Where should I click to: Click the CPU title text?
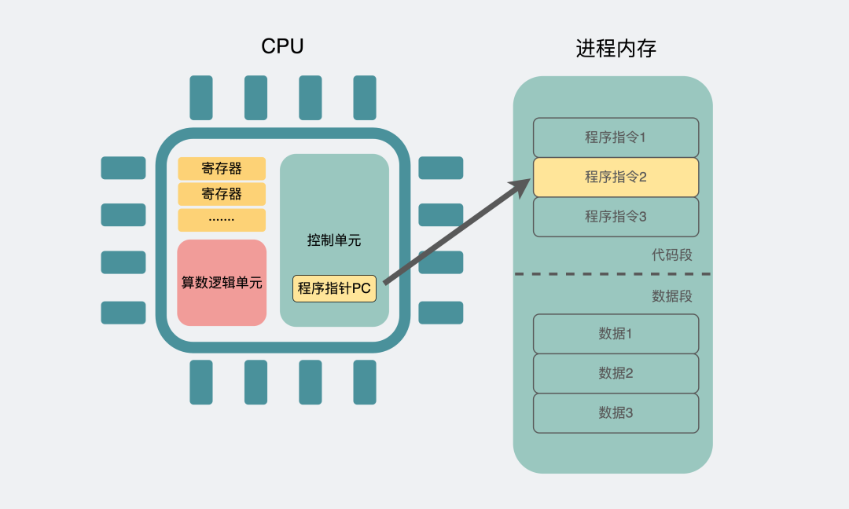282,47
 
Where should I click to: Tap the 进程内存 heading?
616,49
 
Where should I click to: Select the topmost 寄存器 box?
222,169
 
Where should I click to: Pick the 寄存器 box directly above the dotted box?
222,194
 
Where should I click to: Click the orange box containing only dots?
222,220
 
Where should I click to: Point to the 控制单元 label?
334,240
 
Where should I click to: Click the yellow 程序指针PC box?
334,288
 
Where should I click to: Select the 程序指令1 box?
616,137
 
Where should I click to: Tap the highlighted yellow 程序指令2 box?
616,177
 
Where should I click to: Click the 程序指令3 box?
616,217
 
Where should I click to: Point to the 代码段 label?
671,255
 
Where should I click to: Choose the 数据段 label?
671,296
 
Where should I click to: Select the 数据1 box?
616,334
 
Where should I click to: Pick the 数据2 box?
616,373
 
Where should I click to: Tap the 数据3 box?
616,413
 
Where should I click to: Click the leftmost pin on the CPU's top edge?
201,97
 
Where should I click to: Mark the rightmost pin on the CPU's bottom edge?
365,382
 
